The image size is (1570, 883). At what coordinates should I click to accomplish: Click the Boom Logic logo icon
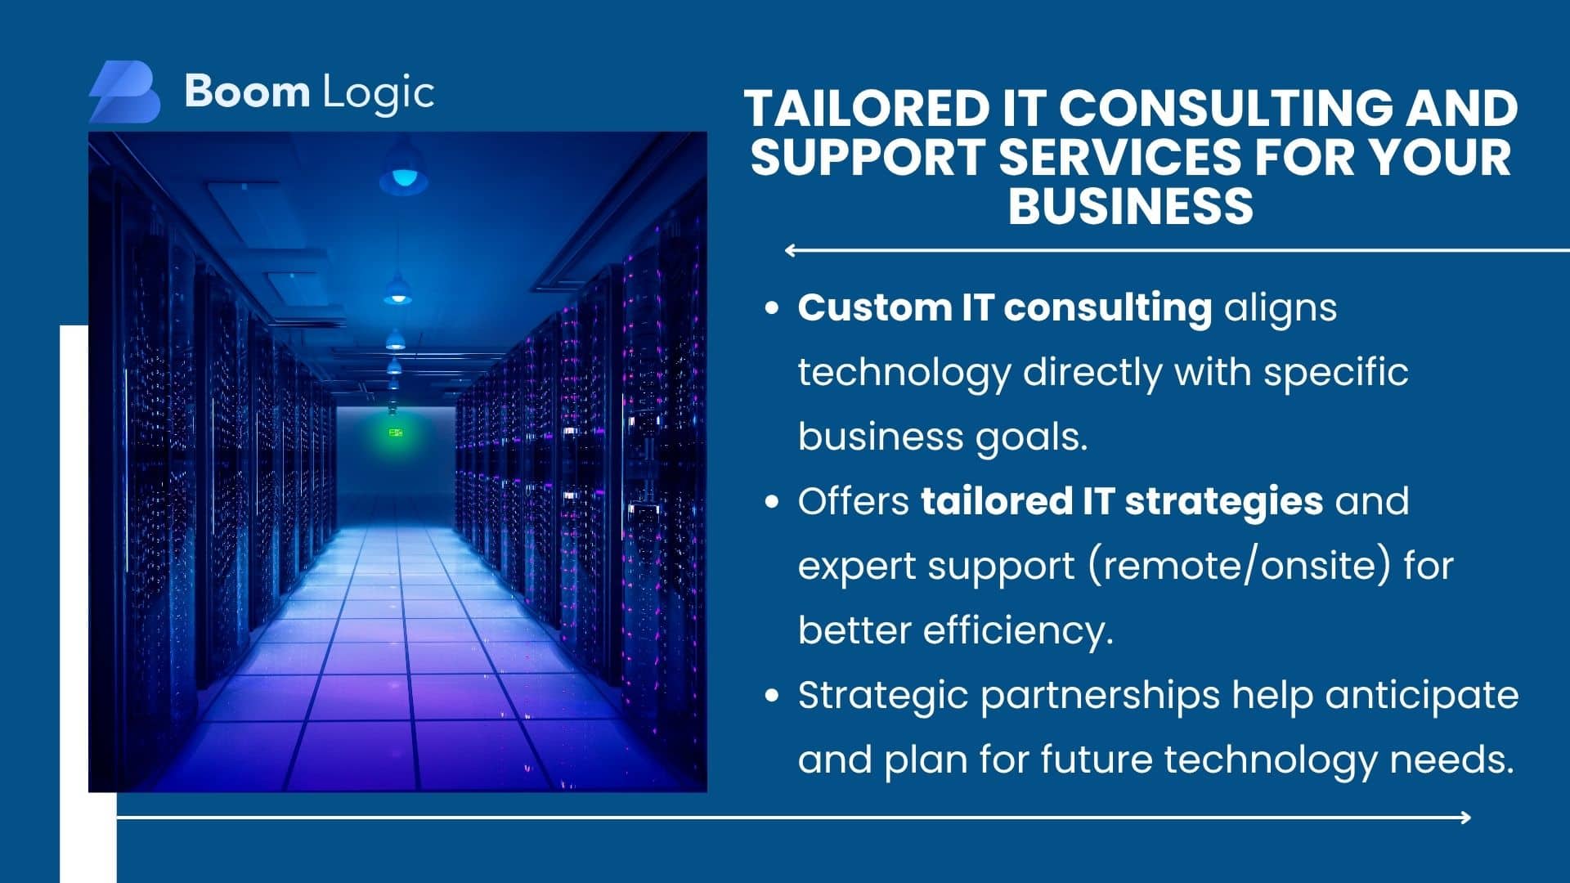click(x=124, y=92)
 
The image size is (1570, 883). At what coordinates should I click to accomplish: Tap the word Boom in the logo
click(x=247, y=91)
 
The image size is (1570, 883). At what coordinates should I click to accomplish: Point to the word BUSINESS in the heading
click(x=1131, y=205)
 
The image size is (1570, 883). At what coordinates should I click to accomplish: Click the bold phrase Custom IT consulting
click(x=1005, y=309)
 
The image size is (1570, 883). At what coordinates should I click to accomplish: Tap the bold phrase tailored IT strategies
click(x=1122, y=501)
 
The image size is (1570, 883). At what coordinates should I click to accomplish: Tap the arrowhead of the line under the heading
click(x=790, y=250)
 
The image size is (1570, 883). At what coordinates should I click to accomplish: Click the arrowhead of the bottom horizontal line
click(x=1465, y=817)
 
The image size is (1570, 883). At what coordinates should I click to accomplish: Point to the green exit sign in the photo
click(x=396, y=432)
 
